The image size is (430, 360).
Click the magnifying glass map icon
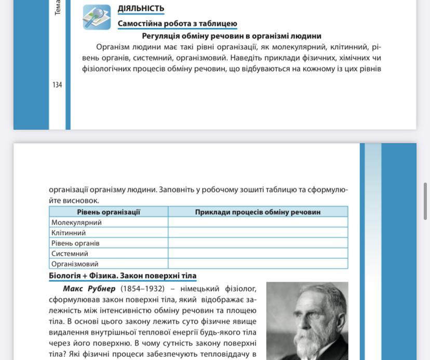tap(97, 17)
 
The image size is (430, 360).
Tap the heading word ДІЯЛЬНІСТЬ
tap(141, 8)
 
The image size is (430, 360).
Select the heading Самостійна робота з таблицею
tap(177, 23)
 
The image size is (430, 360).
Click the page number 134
tap(57, 85)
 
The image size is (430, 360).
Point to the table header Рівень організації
tap(109, 212)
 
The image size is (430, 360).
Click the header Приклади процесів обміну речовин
tap(258, 212)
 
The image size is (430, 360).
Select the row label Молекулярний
tap(76, 222)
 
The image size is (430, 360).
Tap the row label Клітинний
tap(69, 232)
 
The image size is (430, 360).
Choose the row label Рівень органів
tap(75, 243)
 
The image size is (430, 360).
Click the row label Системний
tap(70, 253)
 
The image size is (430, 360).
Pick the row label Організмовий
tap(75, 264)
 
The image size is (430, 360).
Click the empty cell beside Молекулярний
tap(258, 222)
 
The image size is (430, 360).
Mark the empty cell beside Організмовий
tap(258, 264)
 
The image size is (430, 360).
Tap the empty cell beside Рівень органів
tap(258, 243)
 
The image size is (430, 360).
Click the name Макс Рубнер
tap(89, 288)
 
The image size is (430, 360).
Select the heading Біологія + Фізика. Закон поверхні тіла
tap(123, 275)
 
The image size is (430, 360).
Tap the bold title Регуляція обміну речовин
tap(232, 36)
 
